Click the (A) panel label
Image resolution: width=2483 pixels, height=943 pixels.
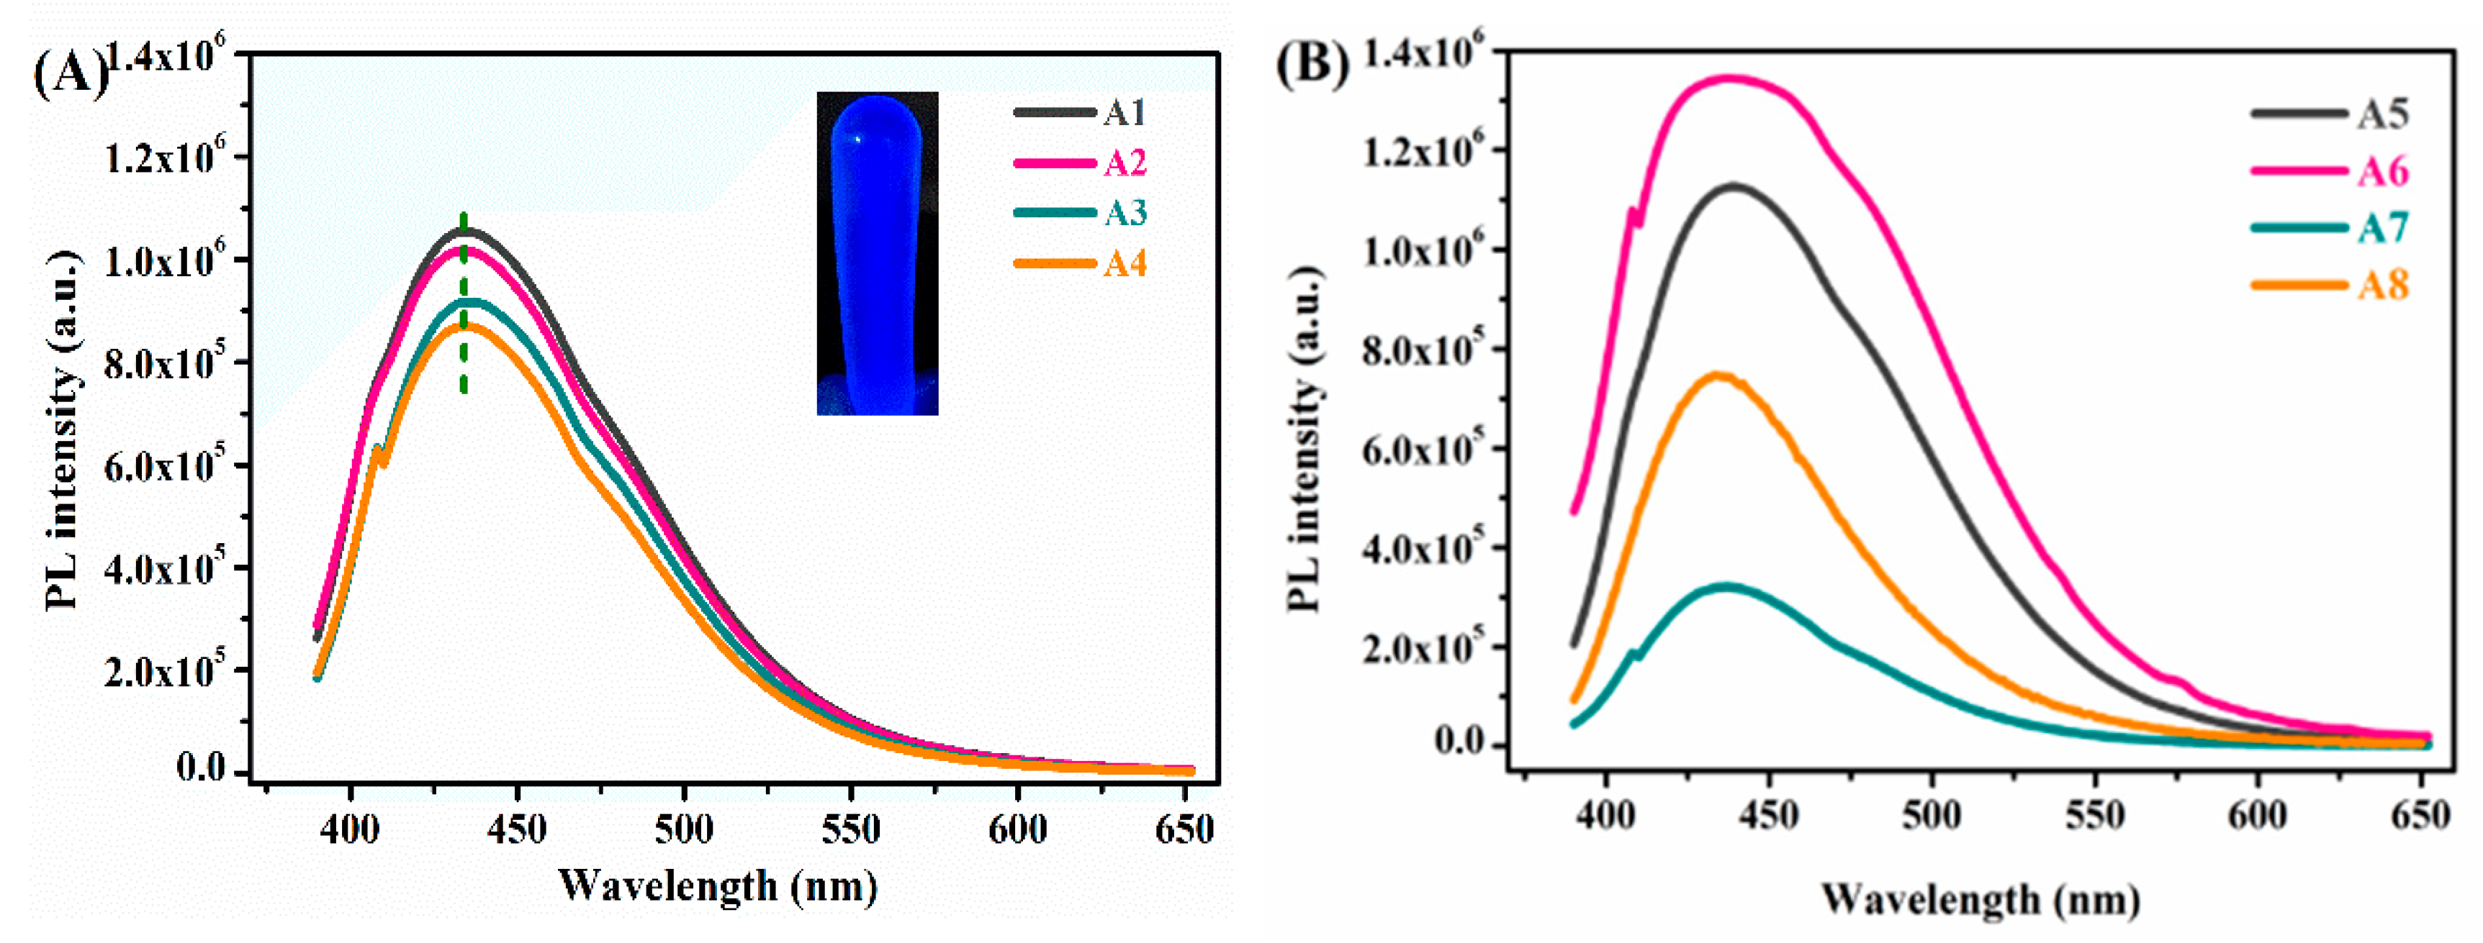coord(69,72)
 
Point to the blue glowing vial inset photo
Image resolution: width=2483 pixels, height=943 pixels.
coord(877,253)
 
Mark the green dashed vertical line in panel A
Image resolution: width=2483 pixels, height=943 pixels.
coord(464,304)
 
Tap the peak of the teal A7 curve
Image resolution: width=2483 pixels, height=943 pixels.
coord(1726,586)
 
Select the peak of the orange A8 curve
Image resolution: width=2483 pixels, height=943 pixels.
coord(1718,375)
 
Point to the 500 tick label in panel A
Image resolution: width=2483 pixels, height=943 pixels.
coord(683,829)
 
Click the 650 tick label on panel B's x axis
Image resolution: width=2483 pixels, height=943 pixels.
coord(2420,815)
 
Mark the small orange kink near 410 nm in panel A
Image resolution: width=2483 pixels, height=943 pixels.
coord(381,452)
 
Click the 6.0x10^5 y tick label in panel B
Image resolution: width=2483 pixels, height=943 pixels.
coord(1417,449)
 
